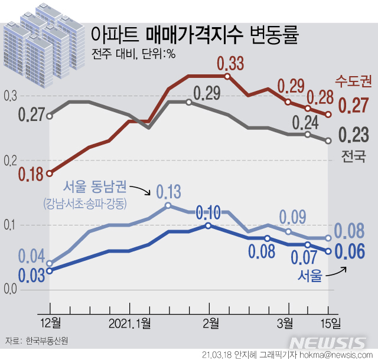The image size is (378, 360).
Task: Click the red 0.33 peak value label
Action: point(230,63)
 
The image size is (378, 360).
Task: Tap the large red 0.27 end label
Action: point(354,106)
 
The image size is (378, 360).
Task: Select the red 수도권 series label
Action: point(353,81)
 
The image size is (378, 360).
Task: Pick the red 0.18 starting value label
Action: point(31,175)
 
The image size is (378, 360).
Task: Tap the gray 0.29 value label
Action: point(206,93)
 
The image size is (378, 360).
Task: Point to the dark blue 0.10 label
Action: point(208,212)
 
